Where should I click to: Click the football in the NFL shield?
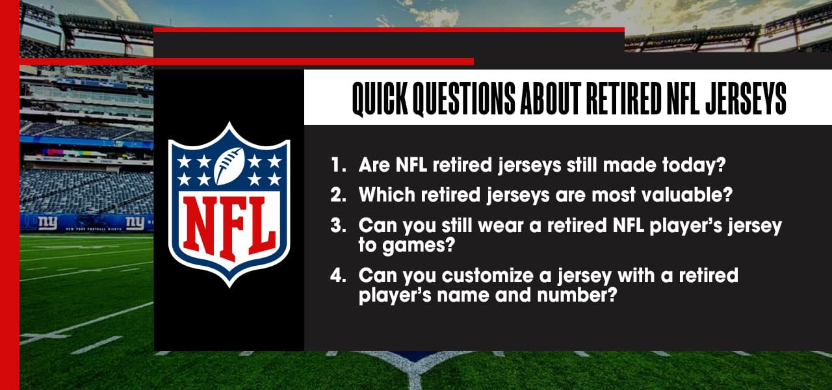point(229,166)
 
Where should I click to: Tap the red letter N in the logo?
point(198,222)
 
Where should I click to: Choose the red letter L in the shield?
point(260,222)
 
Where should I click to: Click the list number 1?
point(337,165)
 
